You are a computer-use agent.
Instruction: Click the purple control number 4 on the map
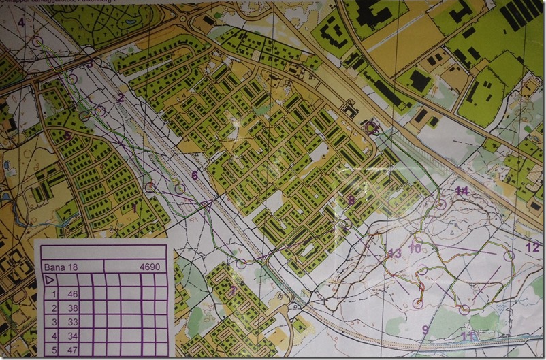[x=21, y=22]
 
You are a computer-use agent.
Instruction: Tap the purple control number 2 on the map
[x=121, y=97]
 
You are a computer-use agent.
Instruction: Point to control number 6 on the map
[x=195, y=176]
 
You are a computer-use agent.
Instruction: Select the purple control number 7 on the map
[x=234, y=291]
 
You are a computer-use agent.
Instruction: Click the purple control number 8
[x=351, y=200]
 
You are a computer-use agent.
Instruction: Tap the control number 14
[x=462, y=191]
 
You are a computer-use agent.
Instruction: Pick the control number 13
[x=395, y=254]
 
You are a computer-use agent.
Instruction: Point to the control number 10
[x=415, y=248]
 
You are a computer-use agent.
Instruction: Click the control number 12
[x=532, y=247]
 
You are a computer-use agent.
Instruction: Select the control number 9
[x=425, y=331]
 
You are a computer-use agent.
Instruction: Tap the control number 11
[x=467, y=336]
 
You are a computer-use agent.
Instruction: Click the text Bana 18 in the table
[x=58, y=267]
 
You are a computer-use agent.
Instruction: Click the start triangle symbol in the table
[x=50, y=279]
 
